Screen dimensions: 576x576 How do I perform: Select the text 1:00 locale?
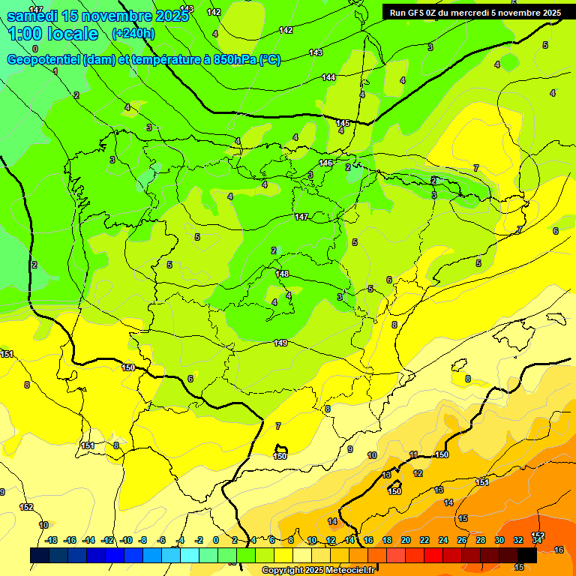click(53, 34)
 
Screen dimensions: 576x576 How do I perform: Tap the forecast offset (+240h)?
click(133, 34)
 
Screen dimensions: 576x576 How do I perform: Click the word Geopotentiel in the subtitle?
click(44, 60)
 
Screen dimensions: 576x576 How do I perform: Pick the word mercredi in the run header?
click(481, 13)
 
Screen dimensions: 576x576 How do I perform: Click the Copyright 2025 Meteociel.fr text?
click(317, 571)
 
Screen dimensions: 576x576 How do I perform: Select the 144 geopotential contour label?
click(328, 77)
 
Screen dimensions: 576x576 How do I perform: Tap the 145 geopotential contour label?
click(343, 123)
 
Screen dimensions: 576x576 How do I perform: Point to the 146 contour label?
click(325, 163)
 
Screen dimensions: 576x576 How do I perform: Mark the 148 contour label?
click(282, 274)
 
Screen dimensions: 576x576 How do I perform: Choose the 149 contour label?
click(280, 343)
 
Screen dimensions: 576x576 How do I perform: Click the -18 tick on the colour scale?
click(52, 541)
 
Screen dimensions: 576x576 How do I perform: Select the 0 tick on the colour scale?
click(216, 541)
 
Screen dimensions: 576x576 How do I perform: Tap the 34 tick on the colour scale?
click(536, 541)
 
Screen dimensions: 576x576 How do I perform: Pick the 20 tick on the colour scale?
click(406, 541)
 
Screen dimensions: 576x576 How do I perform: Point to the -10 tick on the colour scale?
click(126, 541)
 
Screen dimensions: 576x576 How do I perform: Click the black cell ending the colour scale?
click(526, 555)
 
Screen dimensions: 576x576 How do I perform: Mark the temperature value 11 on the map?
click(413, 455)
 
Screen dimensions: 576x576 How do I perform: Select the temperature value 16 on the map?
click(558, 550)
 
